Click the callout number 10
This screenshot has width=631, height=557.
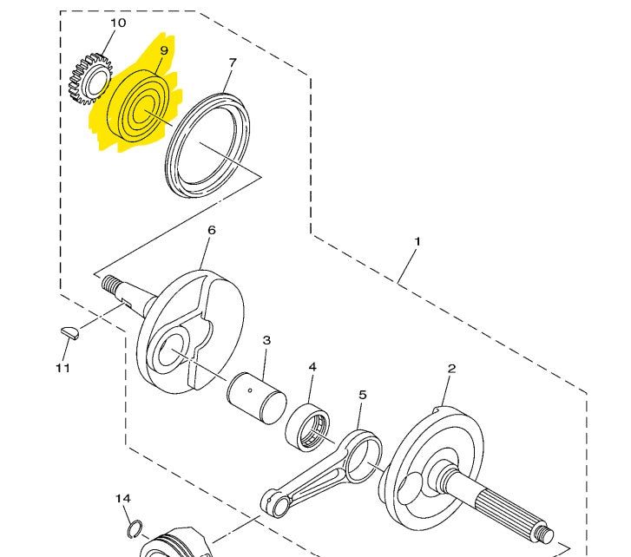(x=118, y=23)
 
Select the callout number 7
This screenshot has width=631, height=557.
(x=232, y=62)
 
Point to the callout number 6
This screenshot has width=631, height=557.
(x=210, y=231)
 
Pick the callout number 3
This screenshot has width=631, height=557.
(x=267, y=340)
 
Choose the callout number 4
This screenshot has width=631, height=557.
(x=312, y=367)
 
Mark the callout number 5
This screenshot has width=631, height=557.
(x=363, y=396)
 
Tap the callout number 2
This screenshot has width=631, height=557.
(x=451, y=369)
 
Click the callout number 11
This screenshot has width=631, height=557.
(x=62, y=368)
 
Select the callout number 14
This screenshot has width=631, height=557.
(x=123, y=499)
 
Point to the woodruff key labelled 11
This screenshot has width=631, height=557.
(x=69, y=330)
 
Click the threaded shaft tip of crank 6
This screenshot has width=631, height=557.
(x=111, y=284)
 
